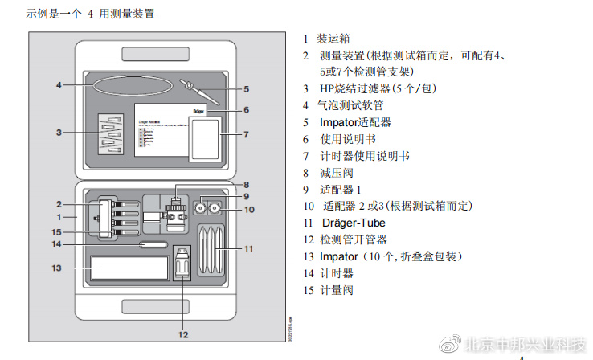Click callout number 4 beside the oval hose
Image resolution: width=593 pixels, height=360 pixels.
[x=59, y=84]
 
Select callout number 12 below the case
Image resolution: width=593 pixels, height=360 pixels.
[x=183, y=333]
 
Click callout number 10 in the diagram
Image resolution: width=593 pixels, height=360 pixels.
[x=248, y=210]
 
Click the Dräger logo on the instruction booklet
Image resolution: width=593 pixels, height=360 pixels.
[x=200, y=106]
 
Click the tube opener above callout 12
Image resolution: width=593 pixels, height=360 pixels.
[x=183, y=263]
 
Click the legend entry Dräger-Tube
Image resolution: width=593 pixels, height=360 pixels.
[x=353, y=223]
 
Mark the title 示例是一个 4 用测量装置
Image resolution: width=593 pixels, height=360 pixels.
[x=79, y=14]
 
